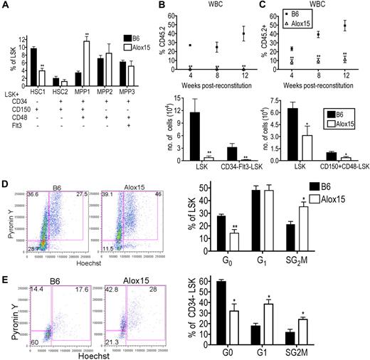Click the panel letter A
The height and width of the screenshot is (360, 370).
pos(6,6)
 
